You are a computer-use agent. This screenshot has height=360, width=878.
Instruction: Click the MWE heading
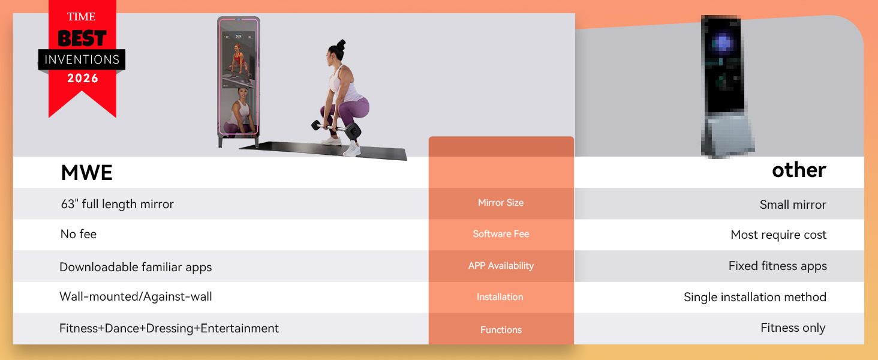point(86,173)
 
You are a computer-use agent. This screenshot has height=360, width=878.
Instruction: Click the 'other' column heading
point(799,170)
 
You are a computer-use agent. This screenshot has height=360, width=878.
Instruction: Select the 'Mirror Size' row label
point(501,203)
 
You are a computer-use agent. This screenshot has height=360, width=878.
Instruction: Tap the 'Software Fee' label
point(501,234)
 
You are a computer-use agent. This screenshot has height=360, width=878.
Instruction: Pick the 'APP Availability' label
point(501,266)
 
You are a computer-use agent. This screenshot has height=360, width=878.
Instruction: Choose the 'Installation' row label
point(500,297)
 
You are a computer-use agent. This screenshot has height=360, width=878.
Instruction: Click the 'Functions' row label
point(501,330)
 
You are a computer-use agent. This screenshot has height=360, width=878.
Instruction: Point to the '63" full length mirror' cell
point(117,205)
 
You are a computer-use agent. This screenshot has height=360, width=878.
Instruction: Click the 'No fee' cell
point(79,234)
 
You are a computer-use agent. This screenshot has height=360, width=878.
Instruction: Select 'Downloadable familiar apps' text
point(136,267)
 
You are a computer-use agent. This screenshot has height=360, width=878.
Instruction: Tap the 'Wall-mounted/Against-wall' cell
point(136,296)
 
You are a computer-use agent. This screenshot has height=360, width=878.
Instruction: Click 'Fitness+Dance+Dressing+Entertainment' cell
point(169,328)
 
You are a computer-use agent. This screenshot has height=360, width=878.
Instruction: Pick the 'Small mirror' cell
point(793,205)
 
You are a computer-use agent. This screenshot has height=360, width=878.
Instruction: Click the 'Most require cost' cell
point(778,235)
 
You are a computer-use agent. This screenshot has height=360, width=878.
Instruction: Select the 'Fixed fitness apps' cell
point(778,266)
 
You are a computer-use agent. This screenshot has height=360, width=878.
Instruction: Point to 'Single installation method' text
point(755,297)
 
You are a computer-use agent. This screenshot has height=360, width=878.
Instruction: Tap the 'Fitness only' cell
point(793,328)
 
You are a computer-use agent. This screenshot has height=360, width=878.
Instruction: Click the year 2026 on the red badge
point(83,79)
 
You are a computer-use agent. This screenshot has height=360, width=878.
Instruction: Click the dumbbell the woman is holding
point(336,128)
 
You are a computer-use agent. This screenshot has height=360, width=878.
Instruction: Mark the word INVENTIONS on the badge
point(82,59)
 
